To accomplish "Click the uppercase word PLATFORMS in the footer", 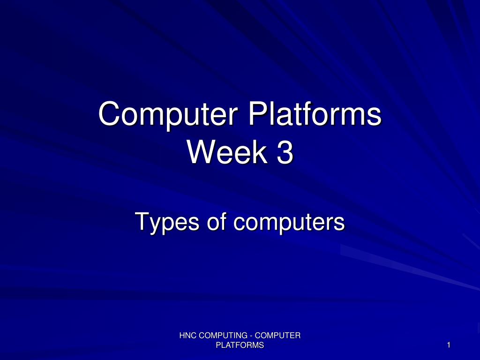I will coord(240,345).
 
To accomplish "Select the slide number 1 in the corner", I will coord(449,345).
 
